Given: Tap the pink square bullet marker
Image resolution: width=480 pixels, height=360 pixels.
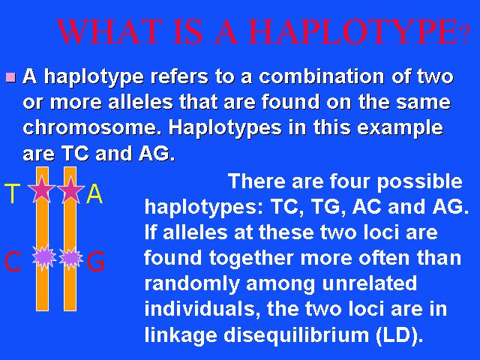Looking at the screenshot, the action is click(x=10, y=77).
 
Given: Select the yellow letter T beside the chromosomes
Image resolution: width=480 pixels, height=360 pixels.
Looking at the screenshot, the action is click(x=12, y=193).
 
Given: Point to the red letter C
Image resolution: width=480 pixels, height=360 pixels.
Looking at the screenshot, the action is click(x=13, y=261).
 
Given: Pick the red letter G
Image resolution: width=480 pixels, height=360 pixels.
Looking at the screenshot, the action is click(x=96, y=261).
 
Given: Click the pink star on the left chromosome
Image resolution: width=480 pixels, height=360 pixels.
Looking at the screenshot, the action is click(x=42, y=189).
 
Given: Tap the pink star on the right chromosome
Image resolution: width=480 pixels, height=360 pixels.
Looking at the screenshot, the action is click(x=70, y=189).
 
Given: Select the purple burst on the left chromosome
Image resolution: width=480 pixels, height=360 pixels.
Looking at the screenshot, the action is click(x=44, y=257).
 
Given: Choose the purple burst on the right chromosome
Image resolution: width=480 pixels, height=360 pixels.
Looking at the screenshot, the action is click(x=70, y=257).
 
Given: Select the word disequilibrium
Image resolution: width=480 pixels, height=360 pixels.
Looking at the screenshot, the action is click(x=296, y=335).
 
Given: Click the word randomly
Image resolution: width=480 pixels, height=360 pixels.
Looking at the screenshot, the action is click(x=192, y=284).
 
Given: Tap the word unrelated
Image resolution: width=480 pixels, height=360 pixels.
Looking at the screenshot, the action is click(x=370, y=283).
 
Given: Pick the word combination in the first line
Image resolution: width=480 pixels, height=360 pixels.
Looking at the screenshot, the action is click(x=321, y=76).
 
